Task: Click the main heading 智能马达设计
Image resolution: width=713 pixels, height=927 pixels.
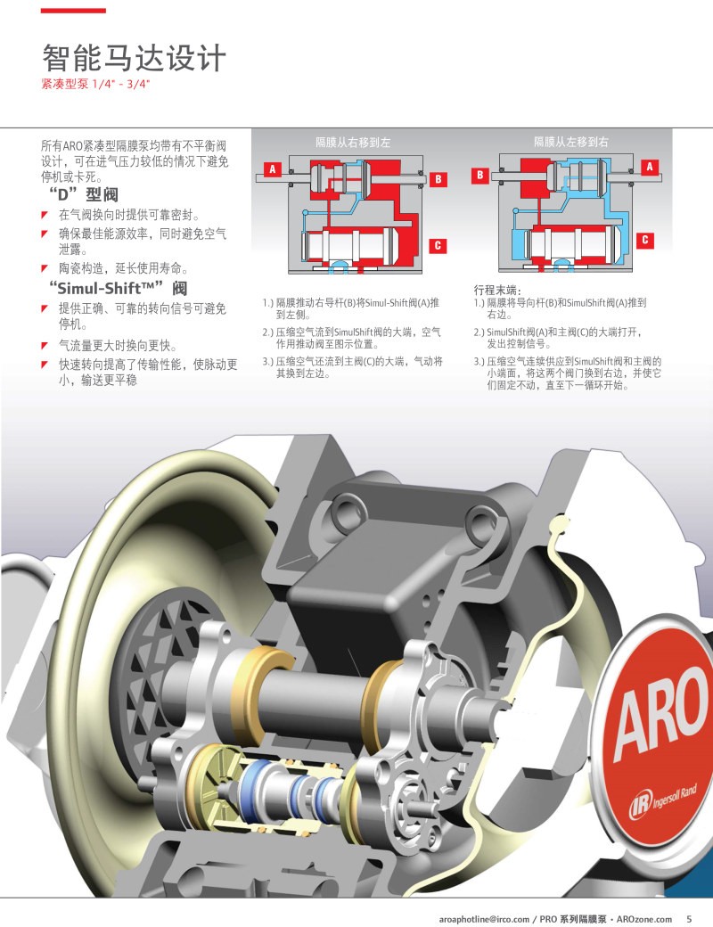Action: (x=134, y=58)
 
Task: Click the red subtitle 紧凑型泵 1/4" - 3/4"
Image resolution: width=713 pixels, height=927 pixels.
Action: (x=95, y=84)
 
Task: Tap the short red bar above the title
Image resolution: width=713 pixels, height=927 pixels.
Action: (x=73, y=11)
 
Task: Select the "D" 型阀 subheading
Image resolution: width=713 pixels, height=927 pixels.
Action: (x=83, y=194)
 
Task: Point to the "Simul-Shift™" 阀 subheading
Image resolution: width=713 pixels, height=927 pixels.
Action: (x=118, y=288)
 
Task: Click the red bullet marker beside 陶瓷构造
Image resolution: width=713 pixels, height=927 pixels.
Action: (x=45, y=268)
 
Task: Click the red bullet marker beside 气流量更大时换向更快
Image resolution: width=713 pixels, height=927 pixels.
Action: (x=45, y=346)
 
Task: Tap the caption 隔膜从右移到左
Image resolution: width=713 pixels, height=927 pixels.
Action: (x=353, y=142)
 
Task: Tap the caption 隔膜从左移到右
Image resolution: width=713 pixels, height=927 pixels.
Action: (x=571, y=142)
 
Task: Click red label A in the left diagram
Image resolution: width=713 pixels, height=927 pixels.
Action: (x=273, y=169)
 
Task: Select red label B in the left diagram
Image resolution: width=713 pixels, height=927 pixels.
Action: (x=438, y=178)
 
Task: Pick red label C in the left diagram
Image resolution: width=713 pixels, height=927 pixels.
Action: (x=438, y=245)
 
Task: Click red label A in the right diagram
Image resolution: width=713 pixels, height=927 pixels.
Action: (x=650, y=167)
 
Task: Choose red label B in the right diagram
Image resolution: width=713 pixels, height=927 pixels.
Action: (x=480, y=175)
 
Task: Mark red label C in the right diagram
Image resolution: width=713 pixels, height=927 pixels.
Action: (x=645, y=240)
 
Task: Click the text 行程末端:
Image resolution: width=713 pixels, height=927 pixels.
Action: (x=497, y=290)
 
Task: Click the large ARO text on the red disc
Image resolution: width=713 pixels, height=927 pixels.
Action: (x=660, y=716)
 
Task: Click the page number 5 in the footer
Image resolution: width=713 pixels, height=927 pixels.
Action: (x=689, y=919)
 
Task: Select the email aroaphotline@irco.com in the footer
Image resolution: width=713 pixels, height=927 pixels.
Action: (x=484, y=919)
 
